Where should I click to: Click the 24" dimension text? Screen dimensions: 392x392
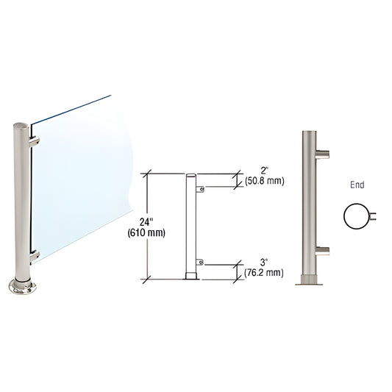(x=146, y=221)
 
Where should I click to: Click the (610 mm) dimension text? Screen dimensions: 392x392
(x=146, y=233)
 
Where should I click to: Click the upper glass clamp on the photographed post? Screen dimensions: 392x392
(x=34, y=139)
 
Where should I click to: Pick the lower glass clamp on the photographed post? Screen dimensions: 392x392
(x=34, y=255)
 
